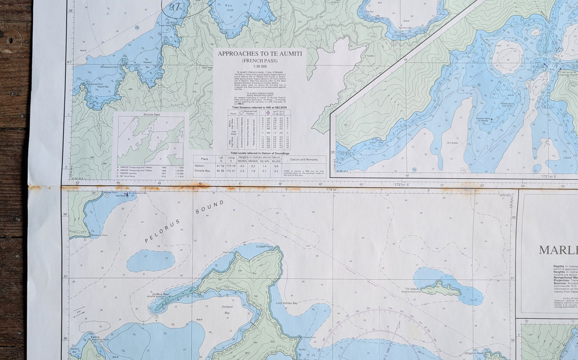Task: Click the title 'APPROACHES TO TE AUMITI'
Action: click(260, 53)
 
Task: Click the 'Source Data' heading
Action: click(152, 115)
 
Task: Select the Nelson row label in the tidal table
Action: click(199, 166)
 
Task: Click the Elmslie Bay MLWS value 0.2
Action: click(276, 171)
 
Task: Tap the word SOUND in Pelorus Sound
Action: click(210, 207)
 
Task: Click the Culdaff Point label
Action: click(264, 246)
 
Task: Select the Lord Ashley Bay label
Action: click(287, 303)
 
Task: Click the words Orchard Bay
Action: click(227, 310)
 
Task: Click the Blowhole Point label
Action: click(100, 235)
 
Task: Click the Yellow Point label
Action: click(309, 338)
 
